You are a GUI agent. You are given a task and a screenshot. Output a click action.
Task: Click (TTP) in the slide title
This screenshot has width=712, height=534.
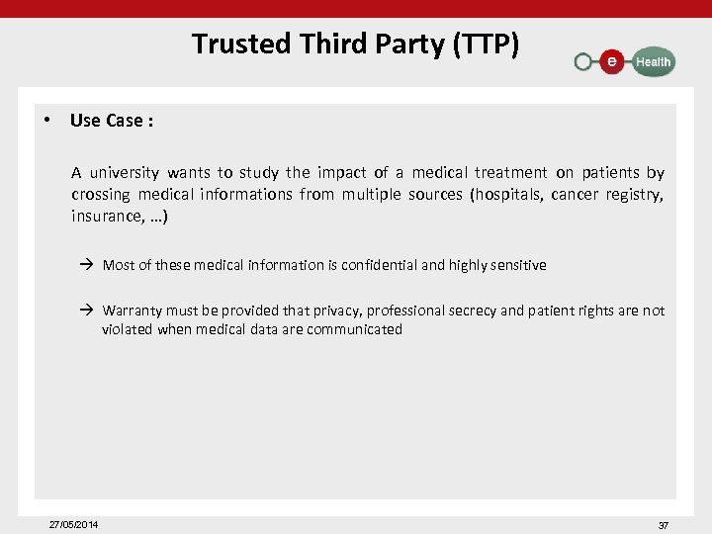[x=485, y=44]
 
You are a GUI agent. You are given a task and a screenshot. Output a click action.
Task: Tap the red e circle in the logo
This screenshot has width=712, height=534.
[x=612, y=61]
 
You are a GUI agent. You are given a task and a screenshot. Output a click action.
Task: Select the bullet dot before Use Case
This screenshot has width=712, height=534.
[x=46, y=121]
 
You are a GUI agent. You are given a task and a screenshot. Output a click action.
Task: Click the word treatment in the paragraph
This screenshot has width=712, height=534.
[x=506, y=172]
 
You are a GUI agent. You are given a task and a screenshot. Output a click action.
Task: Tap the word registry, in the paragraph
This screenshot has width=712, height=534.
[x=634, y=194]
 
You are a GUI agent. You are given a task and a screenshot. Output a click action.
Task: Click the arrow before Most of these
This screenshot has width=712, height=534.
[x=86, y=265]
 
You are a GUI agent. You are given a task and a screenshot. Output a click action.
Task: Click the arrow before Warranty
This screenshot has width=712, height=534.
[x=86, y=311]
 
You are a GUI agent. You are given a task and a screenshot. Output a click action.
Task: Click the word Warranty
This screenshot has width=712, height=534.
[x=134, y=311]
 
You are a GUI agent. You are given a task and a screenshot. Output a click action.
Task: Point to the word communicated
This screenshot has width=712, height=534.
[x=354, y=329]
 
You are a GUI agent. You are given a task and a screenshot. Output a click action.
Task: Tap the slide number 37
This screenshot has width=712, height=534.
[x=664, y=525]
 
